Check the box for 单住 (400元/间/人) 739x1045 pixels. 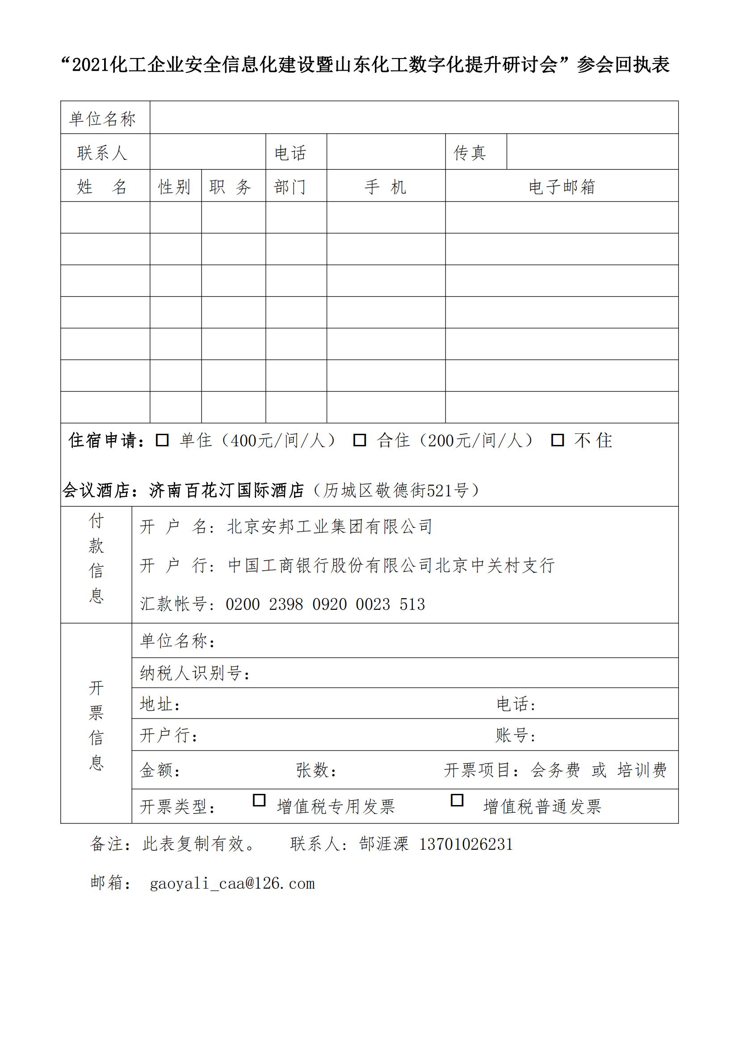(x=162, y=440)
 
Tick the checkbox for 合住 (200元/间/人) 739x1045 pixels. (x=360, y=440)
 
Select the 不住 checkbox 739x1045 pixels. (x=558, y=440)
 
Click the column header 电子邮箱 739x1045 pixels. (x=562, y=187)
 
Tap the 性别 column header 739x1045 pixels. (x=174, y=187)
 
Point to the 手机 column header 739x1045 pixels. (x=386, y=187)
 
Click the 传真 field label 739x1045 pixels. (x=470, y=153)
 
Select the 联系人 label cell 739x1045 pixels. (x=102, y=153)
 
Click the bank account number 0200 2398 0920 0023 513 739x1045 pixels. (x=325, y=604)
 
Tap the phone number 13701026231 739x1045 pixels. (x=466, y=844)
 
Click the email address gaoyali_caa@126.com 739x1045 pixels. (x=232, y=883)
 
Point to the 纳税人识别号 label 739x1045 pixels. (x=195, y=673)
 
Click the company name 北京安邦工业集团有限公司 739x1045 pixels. (x=329, y=527)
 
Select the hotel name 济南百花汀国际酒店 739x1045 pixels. (x=227, y=490)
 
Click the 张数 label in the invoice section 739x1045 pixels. (x=316, y=770)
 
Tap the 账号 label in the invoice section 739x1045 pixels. (x=516, y=735)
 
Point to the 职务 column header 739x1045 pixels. (x=231, y=187)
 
